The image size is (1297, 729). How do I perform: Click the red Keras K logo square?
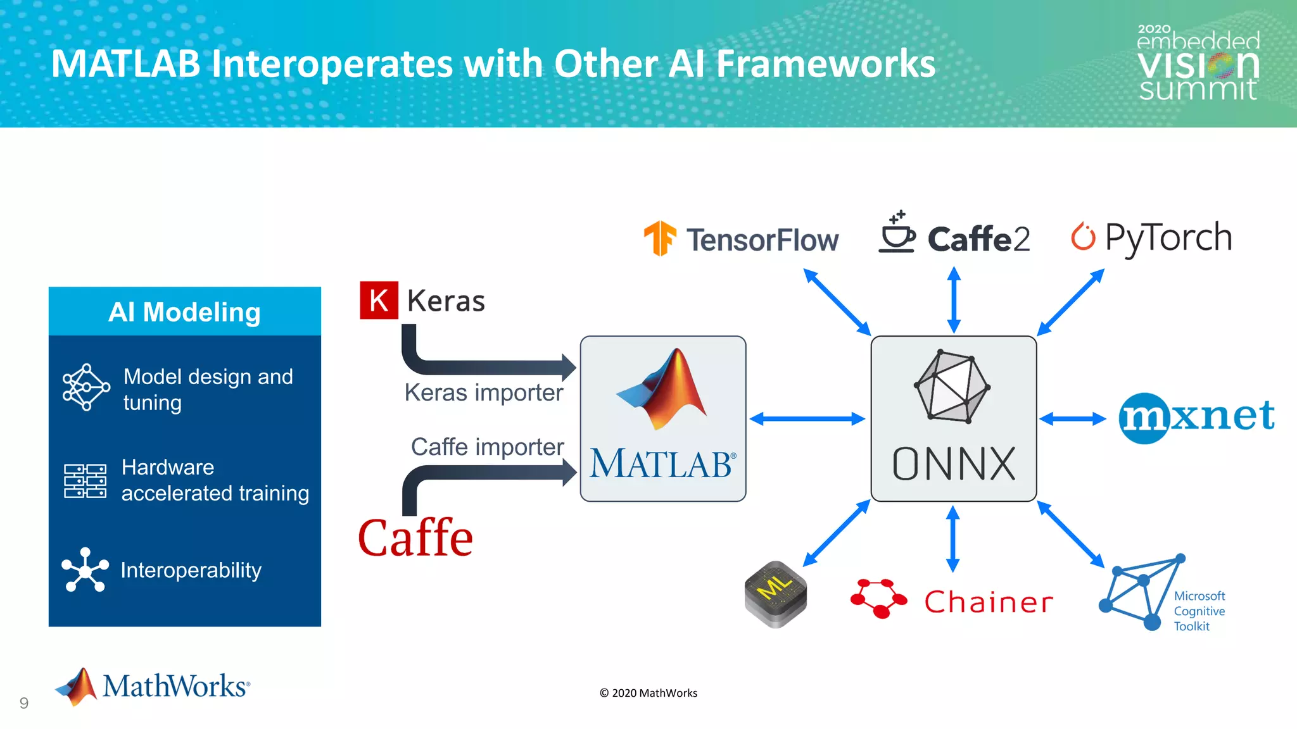[379, 300]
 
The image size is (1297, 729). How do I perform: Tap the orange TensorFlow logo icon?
[660, 239]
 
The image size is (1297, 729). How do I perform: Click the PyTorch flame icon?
[1083, 237]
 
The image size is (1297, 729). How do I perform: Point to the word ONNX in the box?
[954, 464]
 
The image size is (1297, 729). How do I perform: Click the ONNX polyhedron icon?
[952, 386]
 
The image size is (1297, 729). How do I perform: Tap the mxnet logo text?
[1196, 417]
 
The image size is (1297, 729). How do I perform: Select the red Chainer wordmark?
[989, 602]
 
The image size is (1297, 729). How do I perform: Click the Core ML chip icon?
[776, 594]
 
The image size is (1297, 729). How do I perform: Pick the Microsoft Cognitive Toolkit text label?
[1199, 611]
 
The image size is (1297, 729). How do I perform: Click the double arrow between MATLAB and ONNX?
[807, 419]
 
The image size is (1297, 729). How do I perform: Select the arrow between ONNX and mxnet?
[1072, 418]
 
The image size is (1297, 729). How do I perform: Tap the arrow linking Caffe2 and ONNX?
[954, 300]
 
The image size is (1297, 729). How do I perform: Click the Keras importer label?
[484, 392]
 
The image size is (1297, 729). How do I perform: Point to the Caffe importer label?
[487, 447]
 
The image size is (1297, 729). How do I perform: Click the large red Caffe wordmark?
[415, 538]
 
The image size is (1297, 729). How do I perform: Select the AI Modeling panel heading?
[184, 312]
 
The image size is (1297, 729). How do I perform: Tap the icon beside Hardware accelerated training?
[85, 481]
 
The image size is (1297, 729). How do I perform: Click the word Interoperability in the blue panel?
[191, 570]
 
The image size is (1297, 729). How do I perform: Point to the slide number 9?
[24, 703]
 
